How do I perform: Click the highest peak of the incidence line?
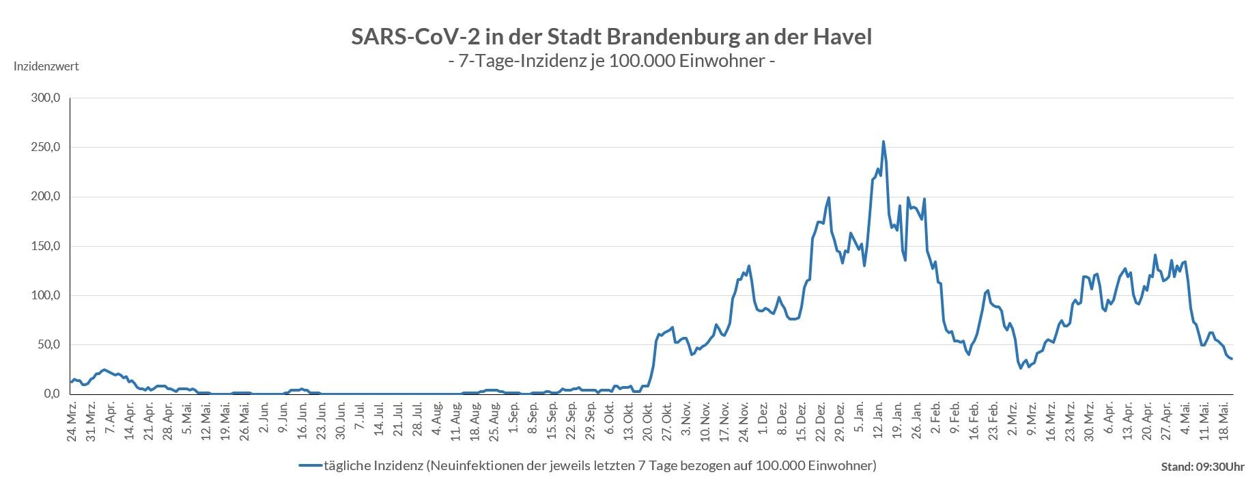[x=883, y=142]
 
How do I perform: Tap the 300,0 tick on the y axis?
[x=46, y=98]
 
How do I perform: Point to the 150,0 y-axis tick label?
[x=46, y=246]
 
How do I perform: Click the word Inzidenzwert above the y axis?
[x=46, y=66]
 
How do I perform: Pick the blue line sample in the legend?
[x=310, y=466]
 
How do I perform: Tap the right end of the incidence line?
[x=1232, y=359]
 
